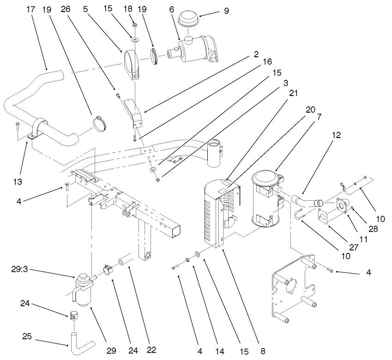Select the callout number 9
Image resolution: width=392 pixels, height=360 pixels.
tap(226, 10)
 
